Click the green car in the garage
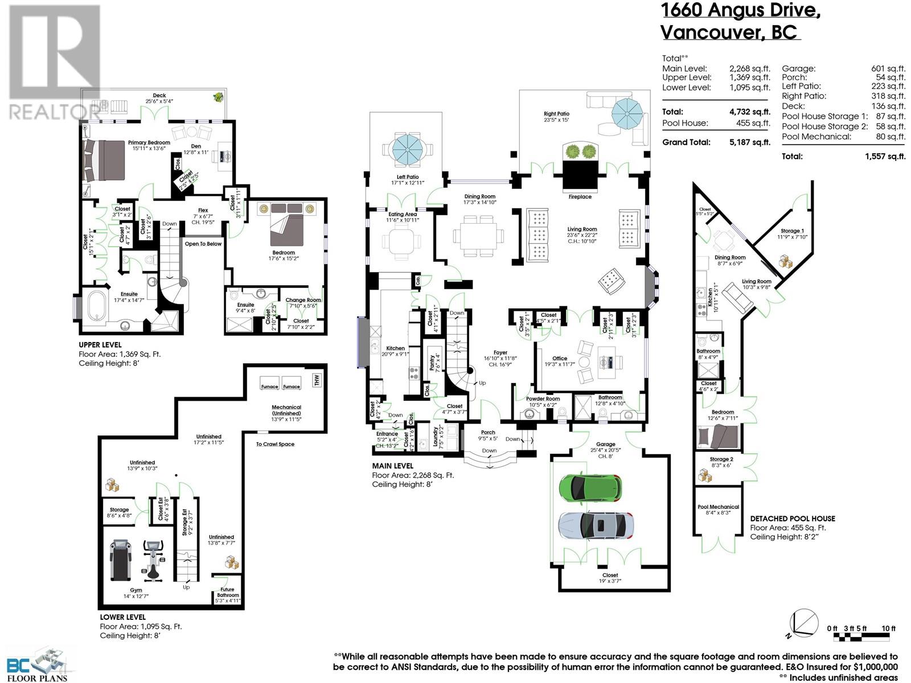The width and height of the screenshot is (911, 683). tap(589, 487)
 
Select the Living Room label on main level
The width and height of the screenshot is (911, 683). tap(581, 229)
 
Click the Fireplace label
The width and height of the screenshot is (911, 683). tap(580, 197)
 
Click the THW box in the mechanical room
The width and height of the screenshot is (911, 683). tap(317, 380)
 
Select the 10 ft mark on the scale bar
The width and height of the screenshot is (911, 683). tap(888, 628)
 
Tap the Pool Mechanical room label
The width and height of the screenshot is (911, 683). tap(718, 507)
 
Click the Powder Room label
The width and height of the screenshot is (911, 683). tap(543, 398)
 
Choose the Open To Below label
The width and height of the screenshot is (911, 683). tap(203, 244)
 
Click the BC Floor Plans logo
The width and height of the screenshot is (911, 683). tap(37, 664)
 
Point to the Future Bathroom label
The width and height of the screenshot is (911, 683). tap(228, 593)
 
